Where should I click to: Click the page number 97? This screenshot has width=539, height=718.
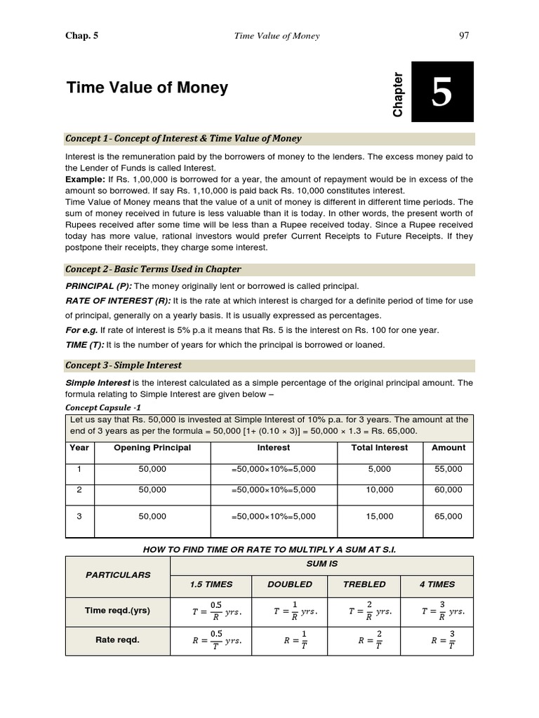464,36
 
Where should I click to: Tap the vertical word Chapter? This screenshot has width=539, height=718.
398,95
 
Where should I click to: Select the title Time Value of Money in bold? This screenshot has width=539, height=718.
147,88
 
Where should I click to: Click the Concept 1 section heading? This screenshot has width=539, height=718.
183,138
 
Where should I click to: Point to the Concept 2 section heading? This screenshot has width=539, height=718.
153,269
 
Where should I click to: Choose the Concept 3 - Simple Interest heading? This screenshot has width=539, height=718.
124,365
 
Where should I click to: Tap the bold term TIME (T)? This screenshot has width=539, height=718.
87,345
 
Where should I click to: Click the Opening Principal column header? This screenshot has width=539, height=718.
152,447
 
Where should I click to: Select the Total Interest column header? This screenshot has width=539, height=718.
380,447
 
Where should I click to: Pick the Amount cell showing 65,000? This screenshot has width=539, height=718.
448,516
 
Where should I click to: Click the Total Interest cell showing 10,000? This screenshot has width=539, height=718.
380,490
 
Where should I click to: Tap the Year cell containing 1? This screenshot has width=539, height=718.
79,469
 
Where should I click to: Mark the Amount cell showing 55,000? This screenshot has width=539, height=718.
448,469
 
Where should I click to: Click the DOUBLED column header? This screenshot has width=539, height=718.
290,584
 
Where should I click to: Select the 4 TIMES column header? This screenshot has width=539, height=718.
437,584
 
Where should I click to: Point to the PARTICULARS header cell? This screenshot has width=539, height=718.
118,575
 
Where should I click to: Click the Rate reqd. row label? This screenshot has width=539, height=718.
118,639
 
